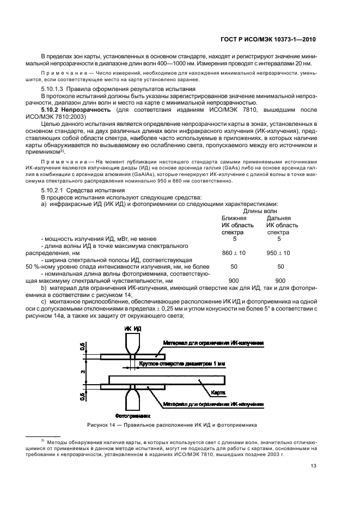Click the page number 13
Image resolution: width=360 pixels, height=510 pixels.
[x=314, y=465]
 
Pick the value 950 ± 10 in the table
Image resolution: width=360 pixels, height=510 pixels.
[x=278, y=253]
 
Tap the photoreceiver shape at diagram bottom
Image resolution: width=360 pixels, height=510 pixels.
[x=133, y=400]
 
